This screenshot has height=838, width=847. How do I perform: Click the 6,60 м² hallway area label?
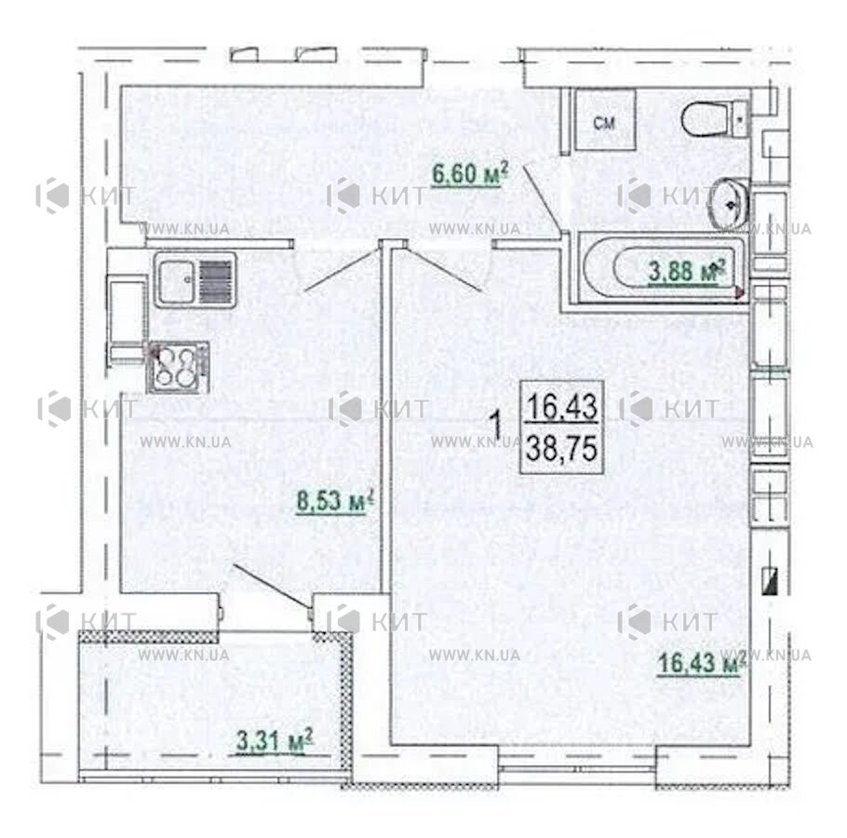tap(469, 174)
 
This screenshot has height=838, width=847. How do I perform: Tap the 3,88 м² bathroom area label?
tap(686, 271)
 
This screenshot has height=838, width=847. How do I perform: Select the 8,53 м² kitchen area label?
tap(335, 501)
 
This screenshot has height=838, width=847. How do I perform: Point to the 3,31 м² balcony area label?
tap(275, 740)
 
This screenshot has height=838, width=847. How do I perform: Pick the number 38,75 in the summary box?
tap(562, 449)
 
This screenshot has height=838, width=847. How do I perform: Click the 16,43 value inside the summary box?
tap(562, 406)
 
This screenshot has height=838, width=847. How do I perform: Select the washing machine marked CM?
tap(604, 120)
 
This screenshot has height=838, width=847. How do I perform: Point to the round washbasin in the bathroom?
tap(730, 205)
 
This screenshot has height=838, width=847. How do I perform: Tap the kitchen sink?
tap(195, 280)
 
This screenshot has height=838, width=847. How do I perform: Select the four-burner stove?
tap(177, 367)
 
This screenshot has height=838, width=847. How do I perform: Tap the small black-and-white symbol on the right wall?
tap(769, 581)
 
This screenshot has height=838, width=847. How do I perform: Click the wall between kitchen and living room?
tap(385, 417)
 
